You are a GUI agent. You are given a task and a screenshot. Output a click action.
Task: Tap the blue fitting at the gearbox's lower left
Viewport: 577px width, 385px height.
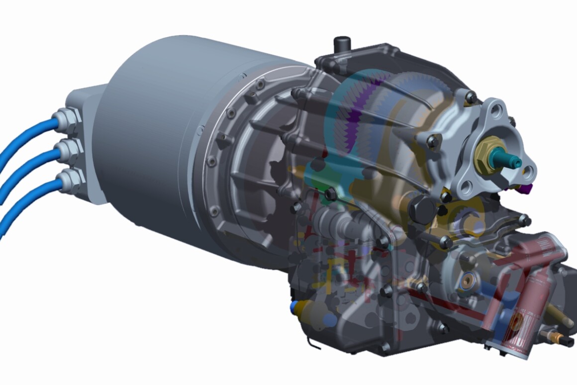pyautogui.click(x=294, y=304)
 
